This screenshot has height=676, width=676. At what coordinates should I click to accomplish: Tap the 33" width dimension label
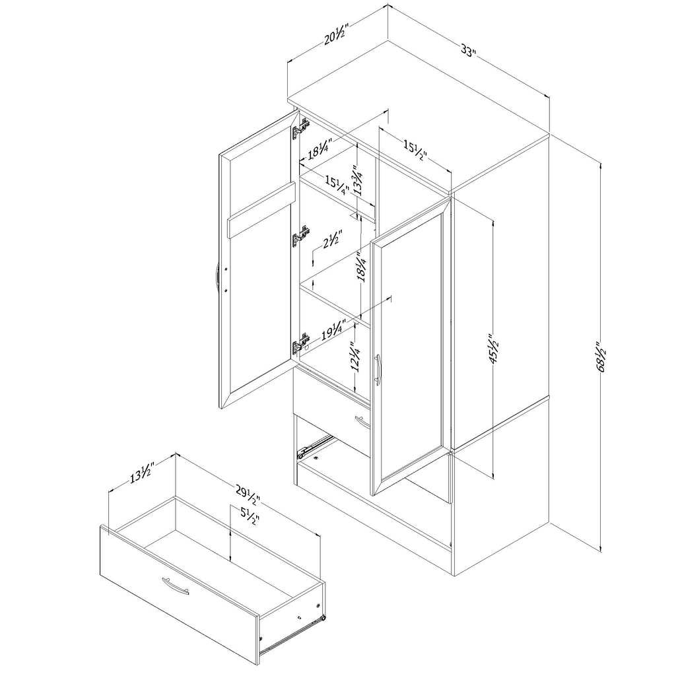tap(468, 51)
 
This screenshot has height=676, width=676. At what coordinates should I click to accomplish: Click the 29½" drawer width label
tap(248, 495)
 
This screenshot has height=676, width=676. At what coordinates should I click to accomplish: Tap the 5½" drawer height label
tap(249, 516)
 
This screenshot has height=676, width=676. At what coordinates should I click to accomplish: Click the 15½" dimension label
tap(415, 151)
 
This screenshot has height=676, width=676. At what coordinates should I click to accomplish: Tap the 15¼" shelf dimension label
tap(337, 186)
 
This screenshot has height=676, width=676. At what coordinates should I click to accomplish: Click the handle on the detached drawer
tap(176, 586)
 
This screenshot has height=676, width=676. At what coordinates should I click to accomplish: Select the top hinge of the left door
tap(301, 130)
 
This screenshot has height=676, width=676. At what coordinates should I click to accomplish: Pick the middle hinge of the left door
tap(301, 237)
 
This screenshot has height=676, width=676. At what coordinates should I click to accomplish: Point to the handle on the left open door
tap(217, 277)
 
